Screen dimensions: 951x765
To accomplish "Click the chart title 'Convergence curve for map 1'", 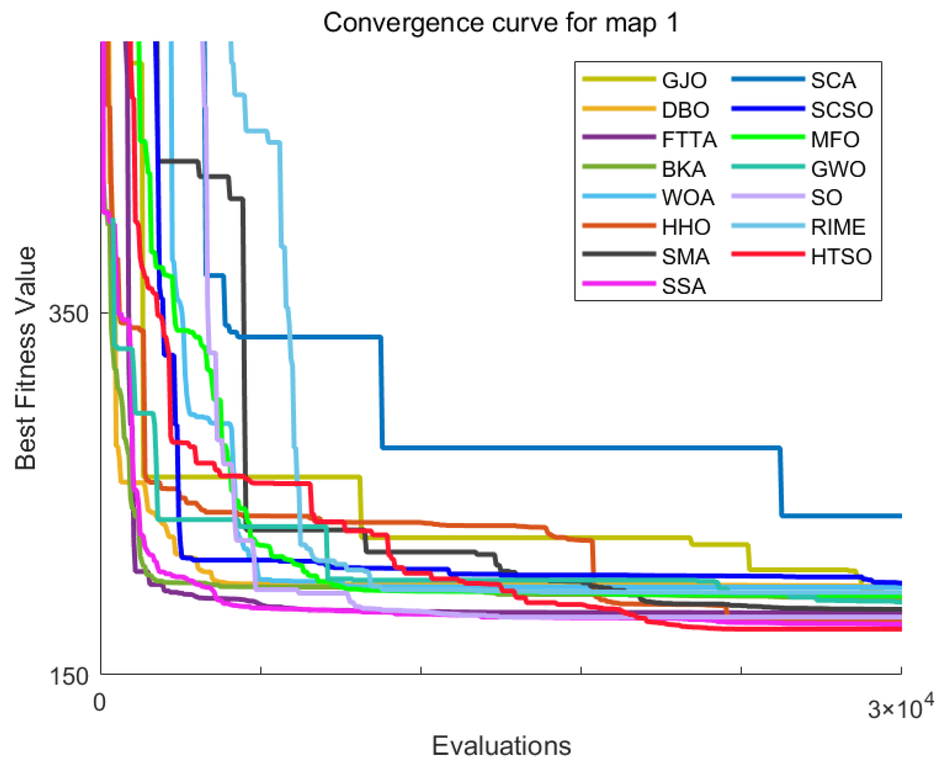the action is pyautogui.click(x=501, y=23).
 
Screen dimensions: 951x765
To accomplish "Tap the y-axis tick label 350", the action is pyautogui.click(x=69, y=314).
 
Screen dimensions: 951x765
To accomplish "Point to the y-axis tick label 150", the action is pyautogui.click(x=69, y=676).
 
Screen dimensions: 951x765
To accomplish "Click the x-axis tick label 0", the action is pyautogui.click(x=100, y=702).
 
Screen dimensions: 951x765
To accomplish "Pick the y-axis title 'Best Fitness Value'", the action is pyautogui.click(x=26, y=358).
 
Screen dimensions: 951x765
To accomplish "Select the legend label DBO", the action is pyautogui.click(x=685, y=110).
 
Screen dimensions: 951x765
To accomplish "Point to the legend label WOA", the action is pyautogui.click(x=688, y=198).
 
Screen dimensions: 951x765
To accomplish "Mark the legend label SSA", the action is pyautogui.click(x=684, y=286).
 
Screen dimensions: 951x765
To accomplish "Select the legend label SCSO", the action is pyautogui.click(x=842, y=110).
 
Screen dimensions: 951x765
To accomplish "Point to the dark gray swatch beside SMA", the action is pyautogui.click(x=619, y=254).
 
